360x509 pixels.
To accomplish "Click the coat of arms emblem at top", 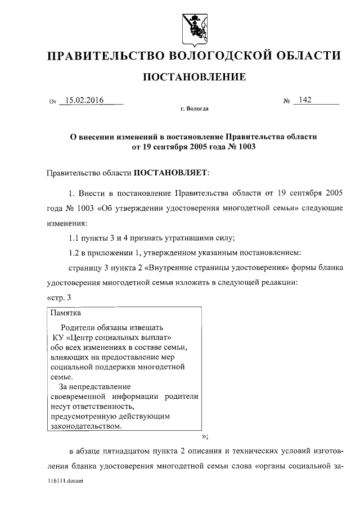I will click(193, 26).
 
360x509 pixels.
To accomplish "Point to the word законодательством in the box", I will click(84, 426).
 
